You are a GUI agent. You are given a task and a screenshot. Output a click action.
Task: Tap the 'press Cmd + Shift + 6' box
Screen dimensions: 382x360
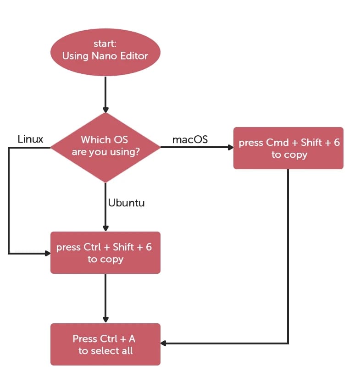coord(288,148)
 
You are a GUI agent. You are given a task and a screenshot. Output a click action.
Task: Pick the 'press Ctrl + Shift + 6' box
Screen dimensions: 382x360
coord(105,253)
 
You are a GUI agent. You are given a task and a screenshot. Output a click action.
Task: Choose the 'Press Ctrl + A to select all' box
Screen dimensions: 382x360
coord(105,344)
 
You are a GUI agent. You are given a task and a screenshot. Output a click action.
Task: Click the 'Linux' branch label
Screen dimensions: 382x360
coord(30,139)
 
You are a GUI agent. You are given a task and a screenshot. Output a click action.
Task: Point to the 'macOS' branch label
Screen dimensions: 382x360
coord(190,139)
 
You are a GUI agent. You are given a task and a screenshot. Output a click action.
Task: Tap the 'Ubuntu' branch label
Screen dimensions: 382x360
coord(126,202)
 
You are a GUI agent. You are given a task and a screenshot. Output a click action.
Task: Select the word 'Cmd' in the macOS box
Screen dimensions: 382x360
coord(277,143)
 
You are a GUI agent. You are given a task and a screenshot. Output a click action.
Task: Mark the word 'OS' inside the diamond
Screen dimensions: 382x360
coord(122,139)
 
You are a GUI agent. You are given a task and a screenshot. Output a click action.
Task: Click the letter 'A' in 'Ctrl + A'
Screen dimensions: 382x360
coord(132,339)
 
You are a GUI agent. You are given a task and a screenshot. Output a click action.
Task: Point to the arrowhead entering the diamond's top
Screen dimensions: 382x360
coord(105,110)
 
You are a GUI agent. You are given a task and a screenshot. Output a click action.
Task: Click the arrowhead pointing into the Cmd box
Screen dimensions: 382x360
coord(231,148)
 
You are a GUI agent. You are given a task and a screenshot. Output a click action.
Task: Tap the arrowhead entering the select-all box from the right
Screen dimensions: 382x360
coord(164,343)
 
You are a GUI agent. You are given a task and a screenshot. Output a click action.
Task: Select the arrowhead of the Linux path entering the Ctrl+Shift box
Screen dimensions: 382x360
coord(48,253)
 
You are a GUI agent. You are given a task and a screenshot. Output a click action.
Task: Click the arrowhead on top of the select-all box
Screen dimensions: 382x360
coord(105,320)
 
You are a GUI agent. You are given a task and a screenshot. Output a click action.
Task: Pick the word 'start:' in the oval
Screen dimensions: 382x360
coord(105,44)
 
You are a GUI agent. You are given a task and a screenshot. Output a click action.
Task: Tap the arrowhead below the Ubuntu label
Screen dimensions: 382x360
coord(105,228)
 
